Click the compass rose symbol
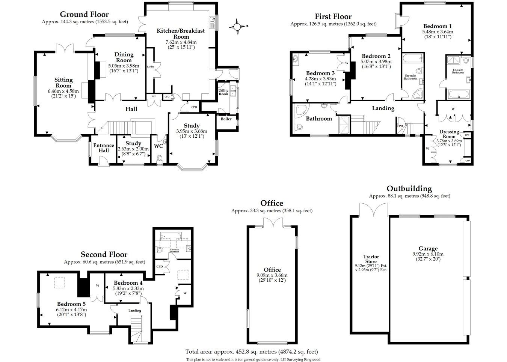point(237,27)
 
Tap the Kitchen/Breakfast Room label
point(181,34)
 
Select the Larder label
point(151,67)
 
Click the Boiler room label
point(226,119)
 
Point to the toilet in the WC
point(160,158)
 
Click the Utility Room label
point(223,92)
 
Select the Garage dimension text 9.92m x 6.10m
point(428,254)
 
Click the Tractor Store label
point(371,259)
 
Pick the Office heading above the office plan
point(272,203)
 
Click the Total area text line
point(252,351)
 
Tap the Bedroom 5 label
point(71,304)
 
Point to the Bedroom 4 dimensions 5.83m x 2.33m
point(128,288)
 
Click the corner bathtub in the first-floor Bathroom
point(301,111)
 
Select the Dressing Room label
point(449,134)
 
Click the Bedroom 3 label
point(320,73)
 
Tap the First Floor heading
point(333,17)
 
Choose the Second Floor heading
point(104,254)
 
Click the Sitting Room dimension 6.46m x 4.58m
point(63,92)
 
